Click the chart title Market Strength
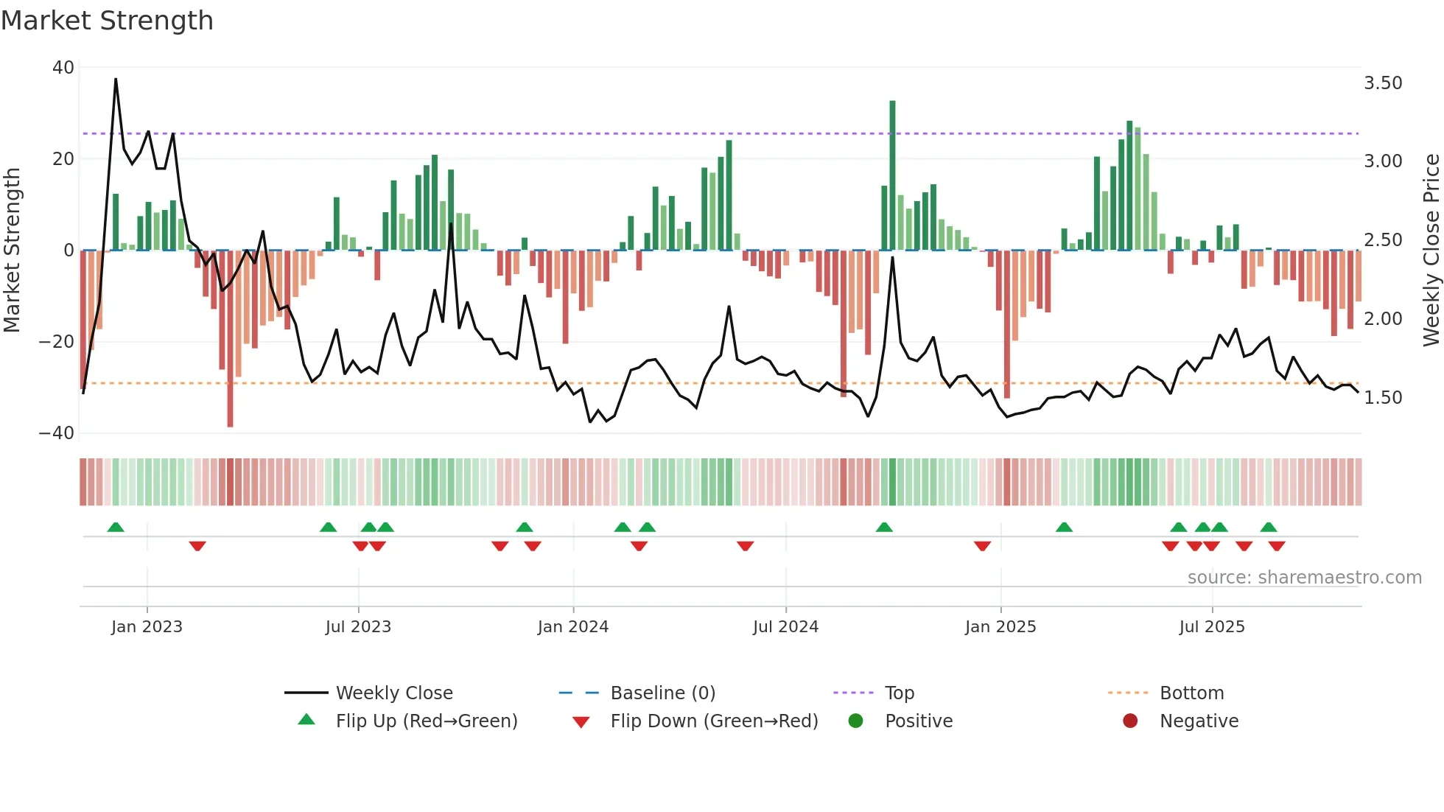(x=108, y=21)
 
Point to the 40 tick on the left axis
(x=63, y=68)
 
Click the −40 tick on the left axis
(x=57, y=433)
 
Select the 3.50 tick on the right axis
(x=1383, y=83)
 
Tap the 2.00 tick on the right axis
(x=1383, y=319)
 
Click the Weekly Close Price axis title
(x=1431, y=251)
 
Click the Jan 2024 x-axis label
(x=573, y=627)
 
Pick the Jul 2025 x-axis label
(x=1212, y=627)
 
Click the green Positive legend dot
(x=855, y=721)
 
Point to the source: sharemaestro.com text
(x=1304, y=578)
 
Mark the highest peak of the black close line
(x=116, y=80)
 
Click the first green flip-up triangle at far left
(x=116, y=527)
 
